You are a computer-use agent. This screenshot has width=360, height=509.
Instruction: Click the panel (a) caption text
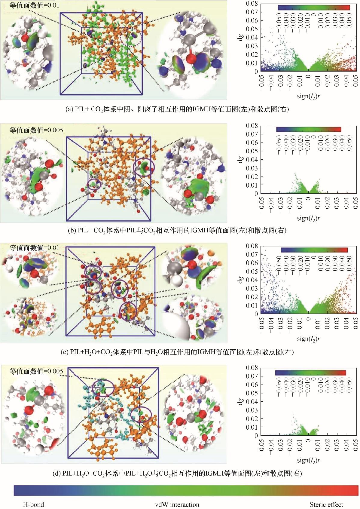tap(177, 109)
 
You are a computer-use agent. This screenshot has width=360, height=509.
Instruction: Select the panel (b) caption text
tap(177, 231)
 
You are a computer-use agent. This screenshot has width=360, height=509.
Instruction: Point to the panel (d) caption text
tap(177, 474)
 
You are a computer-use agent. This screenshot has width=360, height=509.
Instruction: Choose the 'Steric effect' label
tap(326, 504)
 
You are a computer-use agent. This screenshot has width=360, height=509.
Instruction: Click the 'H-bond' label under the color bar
tap(33, 504)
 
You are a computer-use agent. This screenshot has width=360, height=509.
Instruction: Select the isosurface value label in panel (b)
tap(36, 130)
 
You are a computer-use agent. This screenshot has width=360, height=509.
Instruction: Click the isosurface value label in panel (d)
tap(36, 371)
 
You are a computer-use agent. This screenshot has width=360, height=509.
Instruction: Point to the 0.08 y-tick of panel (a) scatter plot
tap(252, 4)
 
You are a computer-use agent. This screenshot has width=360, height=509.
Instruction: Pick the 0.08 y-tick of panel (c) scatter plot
tap(252, 246)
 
